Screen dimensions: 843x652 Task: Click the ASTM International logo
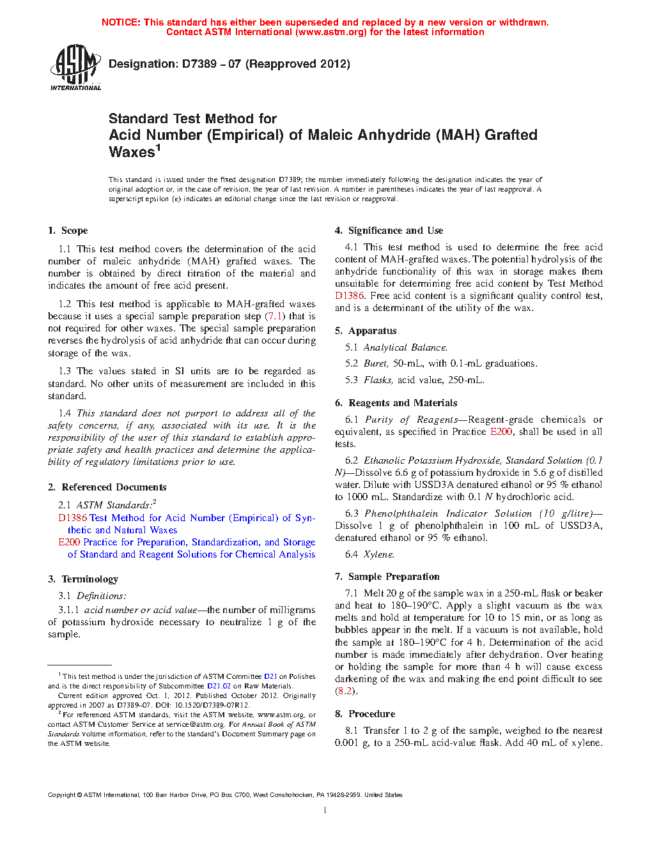[x=75, y=68]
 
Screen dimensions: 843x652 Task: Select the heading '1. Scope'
[x=68, y=231]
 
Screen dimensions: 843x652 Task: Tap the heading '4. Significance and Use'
[x=389, y=231]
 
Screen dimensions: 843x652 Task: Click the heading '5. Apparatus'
[x=366, y=331]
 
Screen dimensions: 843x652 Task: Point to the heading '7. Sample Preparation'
[x=387, y=577]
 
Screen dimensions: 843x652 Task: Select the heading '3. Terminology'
[x=83, y=579]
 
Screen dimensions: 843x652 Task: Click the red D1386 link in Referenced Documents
[x=72, y=518]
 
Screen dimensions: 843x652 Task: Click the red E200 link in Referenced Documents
[x=69, y=542]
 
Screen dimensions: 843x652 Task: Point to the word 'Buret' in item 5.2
[x=376, y=363]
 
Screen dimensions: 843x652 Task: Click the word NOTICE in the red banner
[x=121, y=22]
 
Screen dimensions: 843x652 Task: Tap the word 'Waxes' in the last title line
[x=132, y=152]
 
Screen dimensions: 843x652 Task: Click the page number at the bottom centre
[x=325, y=810]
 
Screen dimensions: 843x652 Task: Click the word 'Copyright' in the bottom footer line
[x=61, y=795]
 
